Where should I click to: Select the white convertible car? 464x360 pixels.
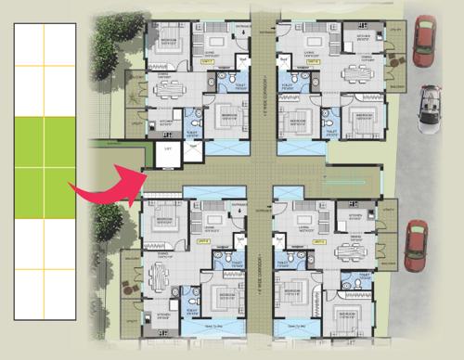(431, 109)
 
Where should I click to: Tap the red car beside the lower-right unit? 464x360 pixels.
(417, 246)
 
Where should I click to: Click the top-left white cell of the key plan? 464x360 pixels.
(29, 44)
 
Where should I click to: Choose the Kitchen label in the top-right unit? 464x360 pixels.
(356, 38)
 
